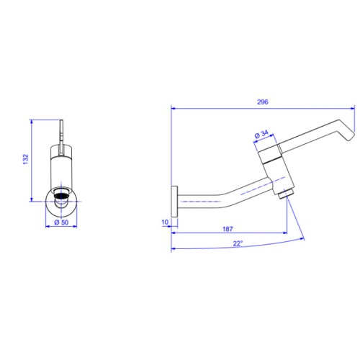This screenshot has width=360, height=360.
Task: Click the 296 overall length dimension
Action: tap(263, 102)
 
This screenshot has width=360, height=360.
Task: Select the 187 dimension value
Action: tap(228, 229)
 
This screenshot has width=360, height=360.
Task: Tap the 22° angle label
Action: tap(238, 243)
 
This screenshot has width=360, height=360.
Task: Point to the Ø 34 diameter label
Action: tap(261, 134)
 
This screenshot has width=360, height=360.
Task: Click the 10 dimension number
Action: tap(165, 222)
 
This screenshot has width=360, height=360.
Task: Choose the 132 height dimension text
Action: tap(25, 159)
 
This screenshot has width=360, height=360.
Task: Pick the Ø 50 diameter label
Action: tap(61, 222)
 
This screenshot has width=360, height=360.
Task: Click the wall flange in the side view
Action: tap(174, 202)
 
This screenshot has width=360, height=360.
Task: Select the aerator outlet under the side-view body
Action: tap(287, 194)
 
